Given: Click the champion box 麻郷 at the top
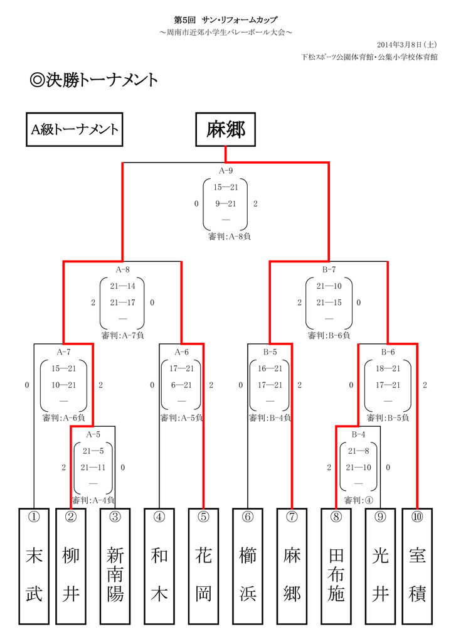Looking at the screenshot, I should click(x=225, y=129).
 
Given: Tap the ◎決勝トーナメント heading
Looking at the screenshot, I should click(x=93, y=81).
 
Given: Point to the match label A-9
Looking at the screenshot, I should click(x=225, y=170).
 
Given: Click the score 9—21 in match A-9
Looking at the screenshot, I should click(x=225, y=203).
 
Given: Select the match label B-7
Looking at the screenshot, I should click(x=329, y=269).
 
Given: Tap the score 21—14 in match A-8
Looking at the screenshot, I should click(x=122, y=286).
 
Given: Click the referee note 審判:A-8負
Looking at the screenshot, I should click(x=230, y=237).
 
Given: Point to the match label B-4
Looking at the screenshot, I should click(x=358, y=434).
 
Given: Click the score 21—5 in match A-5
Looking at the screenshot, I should click(x=93, y=450).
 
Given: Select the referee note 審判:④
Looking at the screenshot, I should click(x=358, y=500).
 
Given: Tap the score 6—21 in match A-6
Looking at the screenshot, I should click(x=181, y=384).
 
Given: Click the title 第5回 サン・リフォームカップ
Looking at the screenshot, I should click(x=225, y=20).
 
